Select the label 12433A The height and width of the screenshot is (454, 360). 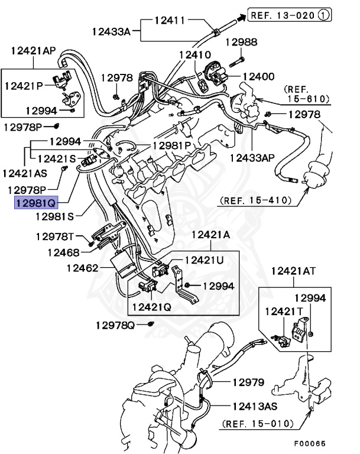pos(114,30)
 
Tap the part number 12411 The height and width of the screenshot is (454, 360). pos(171,20)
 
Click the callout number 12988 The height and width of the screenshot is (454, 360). pos(242,42)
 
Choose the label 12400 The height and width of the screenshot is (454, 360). pos(258,76)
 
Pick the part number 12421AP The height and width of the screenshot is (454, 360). pos(33,50)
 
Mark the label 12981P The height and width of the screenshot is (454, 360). pos(172,145)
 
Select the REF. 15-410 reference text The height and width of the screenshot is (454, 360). pos(255,201)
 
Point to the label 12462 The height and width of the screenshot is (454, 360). pos(82,268)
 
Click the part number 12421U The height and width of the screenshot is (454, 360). pos(205,260)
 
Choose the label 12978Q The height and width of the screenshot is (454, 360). pos(115,325)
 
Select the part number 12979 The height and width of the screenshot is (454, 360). pos(247,382)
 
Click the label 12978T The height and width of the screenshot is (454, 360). pos(55,236)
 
